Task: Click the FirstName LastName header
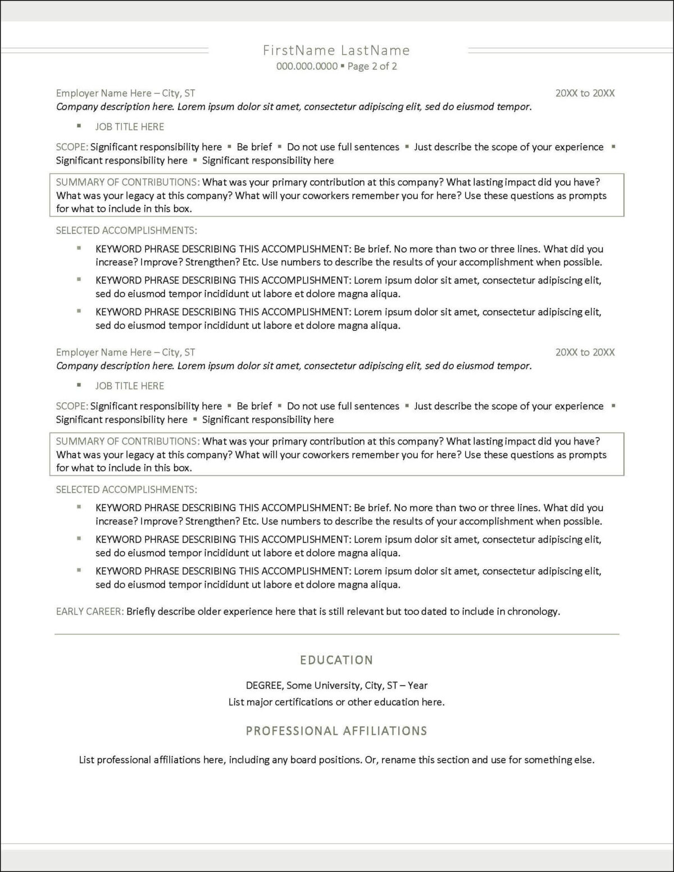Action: [336, 51]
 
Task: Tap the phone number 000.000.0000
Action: [307, 66]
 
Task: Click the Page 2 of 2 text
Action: [372, 66]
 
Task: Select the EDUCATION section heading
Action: [336, 660]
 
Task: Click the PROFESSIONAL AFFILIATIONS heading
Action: [336, 731]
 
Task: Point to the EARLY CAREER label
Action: [89, 611]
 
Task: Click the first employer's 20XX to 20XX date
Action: [585, 93]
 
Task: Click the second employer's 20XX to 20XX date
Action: [585, 352]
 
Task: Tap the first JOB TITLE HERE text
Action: [130, 127]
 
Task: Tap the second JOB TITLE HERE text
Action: [130, 386]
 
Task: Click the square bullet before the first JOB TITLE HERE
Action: [79, 126]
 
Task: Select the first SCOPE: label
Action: [72, 147]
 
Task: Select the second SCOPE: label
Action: [72, 406]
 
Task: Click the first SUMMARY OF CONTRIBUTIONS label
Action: [127, 182]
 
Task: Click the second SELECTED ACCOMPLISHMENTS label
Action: [126, 489]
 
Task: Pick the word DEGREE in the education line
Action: [265, 685]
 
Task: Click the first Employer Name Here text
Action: [104, 93]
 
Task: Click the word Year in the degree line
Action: [417, 685]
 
